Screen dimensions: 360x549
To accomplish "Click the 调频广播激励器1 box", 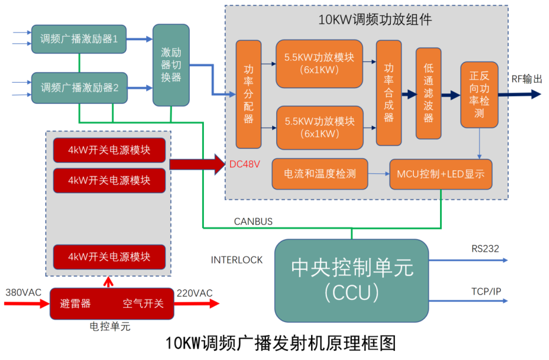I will (x=79, y=39).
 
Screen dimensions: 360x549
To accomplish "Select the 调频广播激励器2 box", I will (x=79, y=86).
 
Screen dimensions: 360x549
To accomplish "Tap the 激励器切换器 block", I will (x=171, y=65).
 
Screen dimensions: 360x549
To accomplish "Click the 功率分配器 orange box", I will (x=248, y=94).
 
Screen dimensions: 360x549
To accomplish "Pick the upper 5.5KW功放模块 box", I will (x=319, y=63).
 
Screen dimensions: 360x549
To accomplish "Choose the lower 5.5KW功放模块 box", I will (x=319, y=127).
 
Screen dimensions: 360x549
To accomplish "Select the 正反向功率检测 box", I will (x=479, y=95).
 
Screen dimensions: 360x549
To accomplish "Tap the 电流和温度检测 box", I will (x=320, y=174).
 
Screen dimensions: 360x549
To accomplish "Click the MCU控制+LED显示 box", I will (x=440, y=175).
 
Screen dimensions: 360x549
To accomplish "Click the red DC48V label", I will (x=244, y=164).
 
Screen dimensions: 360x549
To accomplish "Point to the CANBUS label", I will (x=253, y=221).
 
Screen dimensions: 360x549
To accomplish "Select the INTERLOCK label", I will (x=237, y=260).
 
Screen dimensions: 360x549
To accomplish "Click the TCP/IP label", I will (x=486, y=291).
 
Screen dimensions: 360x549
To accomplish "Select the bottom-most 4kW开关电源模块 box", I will (x=109, y=257).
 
